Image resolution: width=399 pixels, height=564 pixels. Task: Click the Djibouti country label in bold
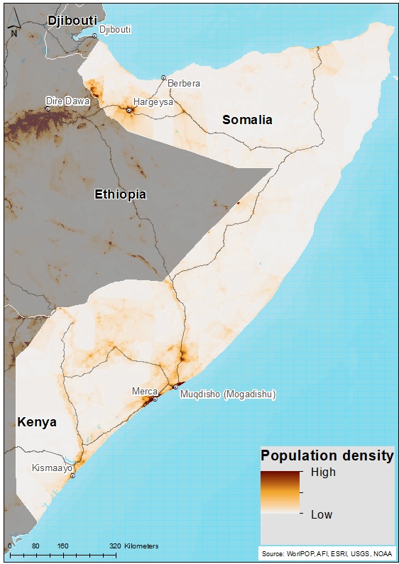[x=72, y=21]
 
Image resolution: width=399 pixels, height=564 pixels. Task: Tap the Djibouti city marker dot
[x=94, y=35]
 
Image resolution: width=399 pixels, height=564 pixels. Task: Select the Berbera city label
[x=184, y=83]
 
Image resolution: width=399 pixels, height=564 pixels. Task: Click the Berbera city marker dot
[x=163, y=77]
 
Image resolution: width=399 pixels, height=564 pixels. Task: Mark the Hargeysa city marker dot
[x=129, y=110]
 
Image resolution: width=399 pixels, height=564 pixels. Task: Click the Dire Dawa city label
[x=67, y=101]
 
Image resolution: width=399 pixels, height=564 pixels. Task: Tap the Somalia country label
[x=247, y=120]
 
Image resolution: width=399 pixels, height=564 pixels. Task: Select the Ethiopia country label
[x=121, y=194]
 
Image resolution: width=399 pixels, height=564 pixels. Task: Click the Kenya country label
[x=37, y=422]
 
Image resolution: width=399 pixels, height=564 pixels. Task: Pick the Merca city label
[x=144, y=391]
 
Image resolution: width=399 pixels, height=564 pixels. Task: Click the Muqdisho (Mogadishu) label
[x=228, y=394]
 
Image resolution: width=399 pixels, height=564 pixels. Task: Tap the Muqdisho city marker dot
[x=175, y=387]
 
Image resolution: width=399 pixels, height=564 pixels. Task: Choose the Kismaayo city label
[x=52, y=468]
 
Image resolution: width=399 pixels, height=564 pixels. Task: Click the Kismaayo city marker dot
[x=72, y=476]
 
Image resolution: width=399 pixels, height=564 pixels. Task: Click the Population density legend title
[x=327, y=456]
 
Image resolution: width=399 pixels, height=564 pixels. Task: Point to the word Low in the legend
[x=322, y=514]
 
